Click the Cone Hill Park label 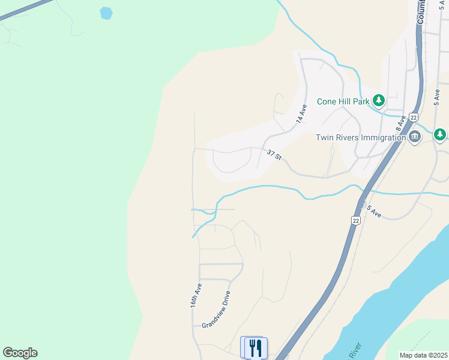pos(344,101)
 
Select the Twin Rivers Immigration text pos(361,137)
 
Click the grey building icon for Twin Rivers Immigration pos(415,137)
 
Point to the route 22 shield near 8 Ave pos(414,118)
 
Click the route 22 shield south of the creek pos(356,221)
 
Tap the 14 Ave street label pos(301,114)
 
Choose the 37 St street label pos(274,154)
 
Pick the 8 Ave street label pos(400,123)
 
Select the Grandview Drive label pos(216,309)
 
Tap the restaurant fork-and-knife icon pos(255,347)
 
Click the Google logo pos(20,353)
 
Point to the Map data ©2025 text pos(423,355)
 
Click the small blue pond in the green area pos(106,13)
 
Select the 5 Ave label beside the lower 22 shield pos(375,211)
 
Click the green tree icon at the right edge pos(441,134)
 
